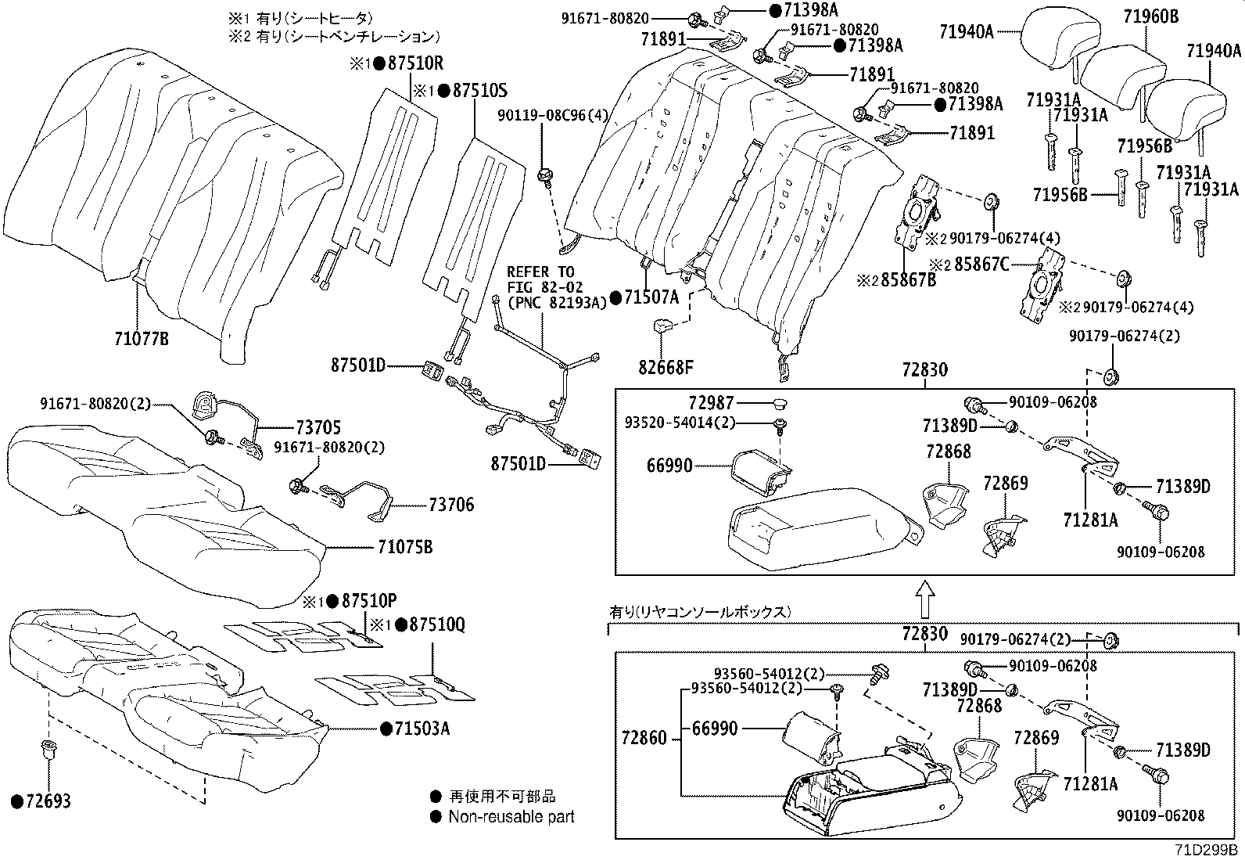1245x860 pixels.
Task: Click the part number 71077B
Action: tap(142, 338)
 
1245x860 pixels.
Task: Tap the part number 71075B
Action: tap(404, 547)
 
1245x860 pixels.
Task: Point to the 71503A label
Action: tap(422, 729)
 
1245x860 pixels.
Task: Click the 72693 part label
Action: tap(48, 801)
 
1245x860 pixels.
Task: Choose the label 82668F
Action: tap(666, 368)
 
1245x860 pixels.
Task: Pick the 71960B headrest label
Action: tap(1151, 16)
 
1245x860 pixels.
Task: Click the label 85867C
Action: tap(981, 264)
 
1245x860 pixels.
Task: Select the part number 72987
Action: tap(712, 402)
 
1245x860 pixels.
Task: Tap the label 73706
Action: tap(451, 505)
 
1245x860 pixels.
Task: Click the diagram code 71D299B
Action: tap(1207, 850)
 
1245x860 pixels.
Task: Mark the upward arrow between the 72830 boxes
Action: tap(924, 599)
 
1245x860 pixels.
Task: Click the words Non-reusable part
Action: tap(511, 817)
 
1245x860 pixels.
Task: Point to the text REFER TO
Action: tap(540, 272)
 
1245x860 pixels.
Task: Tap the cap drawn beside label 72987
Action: tap(780, 403)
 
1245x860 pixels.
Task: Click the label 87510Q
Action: tap(437, 624)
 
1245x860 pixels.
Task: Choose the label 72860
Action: tap(644, 738)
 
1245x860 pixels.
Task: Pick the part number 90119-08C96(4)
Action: tap(552, 115)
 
